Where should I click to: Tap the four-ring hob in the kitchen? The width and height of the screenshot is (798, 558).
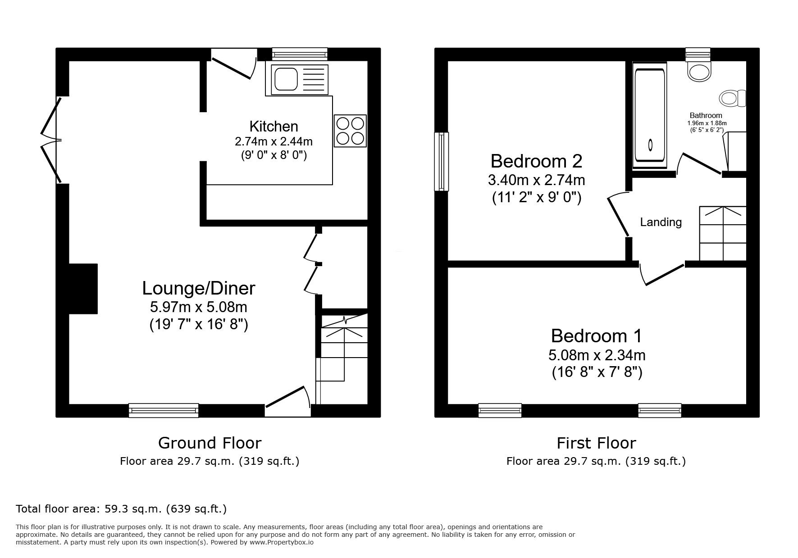coord(350,131)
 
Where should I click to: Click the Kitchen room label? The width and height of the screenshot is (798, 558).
coord(274,126)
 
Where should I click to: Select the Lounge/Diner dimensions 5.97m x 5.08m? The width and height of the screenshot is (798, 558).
coord(198,308)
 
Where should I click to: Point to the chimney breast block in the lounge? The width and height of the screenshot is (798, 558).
coord(83,289)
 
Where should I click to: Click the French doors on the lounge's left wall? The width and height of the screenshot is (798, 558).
coord(51,140)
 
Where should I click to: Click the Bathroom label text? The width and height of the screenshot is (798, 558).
coord(706,115)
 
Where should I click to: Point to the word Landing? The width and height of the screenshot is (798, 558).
coord(661,222)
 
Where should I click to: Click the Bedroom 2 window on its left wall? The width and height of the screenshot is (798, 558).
coord(442,161)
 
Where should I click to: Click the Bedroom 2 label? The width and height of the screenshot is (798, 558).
coord(536,161)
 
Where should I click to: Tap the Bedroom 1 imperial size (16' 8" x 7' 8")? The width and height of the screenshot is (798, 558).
coord(597,372)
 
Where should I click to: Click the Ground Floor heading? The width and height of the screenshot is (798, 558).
coord(210,443)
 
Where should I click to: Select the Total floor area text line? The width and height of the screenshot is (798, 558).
coord(121,509)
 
